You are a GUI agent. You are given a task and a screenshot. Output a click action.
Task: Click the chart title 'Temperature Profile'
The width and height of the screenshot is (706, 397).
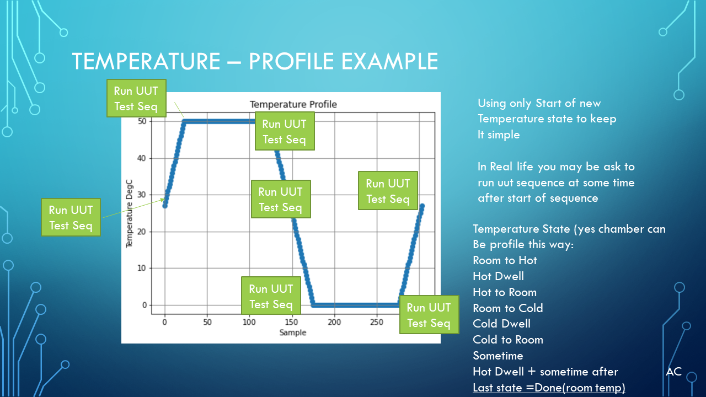click(x=293, y=104)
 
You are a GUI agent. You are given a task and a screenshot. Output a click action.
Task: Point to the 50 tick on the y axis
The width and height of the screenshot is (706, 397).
click(x=142, y=121)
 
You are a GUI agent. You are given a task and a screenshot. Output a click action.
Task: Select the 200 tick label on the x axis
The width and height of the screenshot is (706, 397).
click(x=334, y=322)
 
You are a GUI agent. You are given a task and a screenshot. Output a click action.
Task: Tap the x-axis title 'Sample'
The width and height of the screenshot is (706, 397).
click(x=293, y=332)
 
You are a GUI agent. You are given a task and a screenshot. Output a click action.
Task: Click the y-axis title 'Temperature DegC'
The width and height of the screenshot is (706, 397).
click(x=129, y=213)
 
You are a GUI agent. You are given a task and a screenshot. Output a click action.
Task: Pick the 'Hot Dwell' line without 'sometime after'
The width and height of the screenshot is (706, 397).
click(x=498, y=276)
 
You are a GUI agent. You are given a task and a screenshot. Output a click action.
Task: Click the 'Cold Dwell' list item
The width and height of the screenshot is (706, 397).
click(x=501, y=324)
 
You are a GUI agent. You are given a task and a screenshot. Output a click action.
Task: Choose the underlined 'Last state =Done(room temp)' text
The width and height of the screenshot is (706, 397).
click(x=549, y=388)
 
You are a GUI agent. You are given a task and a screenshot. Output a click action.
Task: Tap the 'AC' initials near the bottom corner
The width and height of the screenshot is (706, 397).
click(x=674, y=372)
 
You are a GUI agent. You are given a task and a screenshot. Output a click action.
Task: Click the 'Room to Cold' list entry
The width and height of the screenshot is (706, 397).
click(x=508, y=308)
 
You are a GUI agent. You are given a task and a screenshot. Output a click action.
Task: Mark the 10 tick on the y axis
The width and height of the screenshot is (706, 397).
click(x=142, y=268)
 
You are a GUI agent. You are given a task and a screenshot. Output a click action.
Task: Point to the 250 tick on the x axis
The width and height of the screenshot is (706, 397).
click(x=377, y=322)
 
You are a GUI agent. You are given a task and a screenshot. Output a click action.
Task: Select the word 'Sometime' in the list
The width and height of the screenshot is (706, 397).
click(x=498, y=356)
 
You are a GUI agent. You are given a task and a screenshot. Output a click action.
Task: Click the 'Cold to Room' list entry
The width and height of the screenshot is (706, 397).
click(x=508, y=340)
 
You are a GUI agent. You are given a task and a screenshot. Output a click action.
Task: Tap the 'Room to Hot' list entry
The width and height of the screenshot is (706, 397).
click(x=505, y=260)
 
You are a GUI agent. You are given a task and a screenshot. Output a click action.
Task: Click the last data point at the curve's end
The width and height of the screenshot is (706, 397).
click(x=422, y=206)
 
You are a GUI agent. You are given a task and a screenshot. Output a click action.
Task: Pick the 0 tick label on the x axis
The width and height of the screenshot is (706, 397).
click(x=164, y=322)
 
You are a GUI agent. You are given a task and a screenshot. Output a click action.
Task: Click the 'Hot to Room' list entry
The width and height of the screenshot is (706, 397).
click(x=505, y=292)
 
